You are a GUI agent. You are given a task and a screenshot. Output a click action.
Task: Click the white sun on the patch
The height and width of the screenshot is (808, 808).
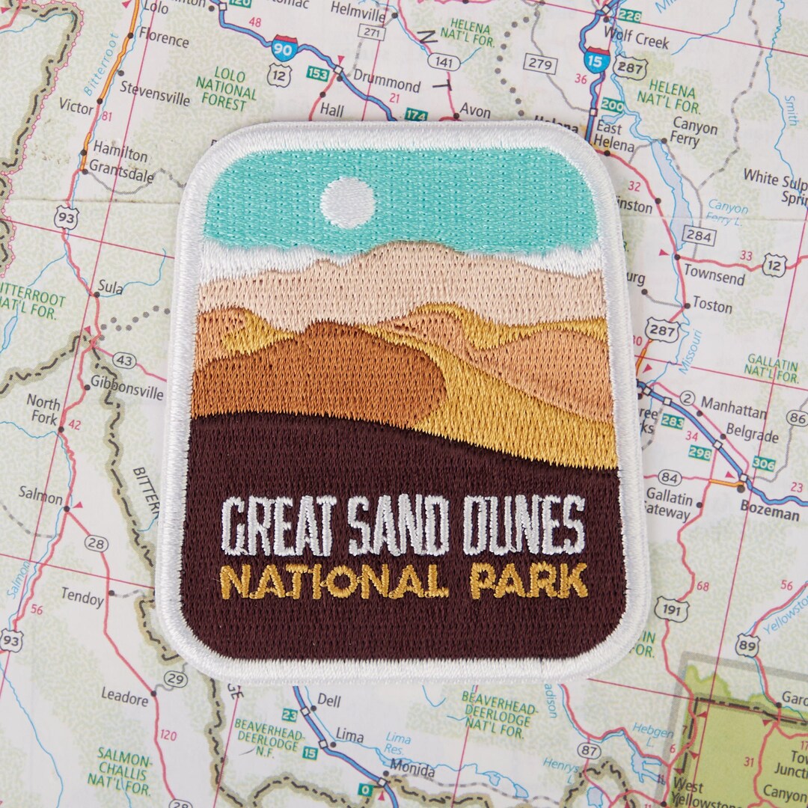click(x=347, y=203)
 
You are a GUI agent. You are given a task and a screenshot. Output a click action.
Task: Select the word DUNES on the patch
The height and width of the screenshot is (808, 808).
click(x=523, y=526)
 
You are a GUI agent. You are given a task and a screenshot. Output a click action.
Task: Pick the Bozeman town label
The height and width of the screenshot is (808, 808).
click(x=768, y=514)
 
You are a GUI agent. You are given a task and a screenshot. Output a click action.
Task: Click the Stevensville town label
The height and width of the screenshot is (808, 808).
click(x=155, y=95)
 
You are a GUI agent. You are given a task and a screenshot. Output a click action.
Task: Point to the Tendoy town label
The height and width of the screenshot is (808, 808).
click(x=82, y=599)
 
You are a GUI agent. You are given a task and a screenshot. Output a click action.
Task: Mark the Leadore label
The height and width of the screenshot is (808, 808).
click(x=124, y=698)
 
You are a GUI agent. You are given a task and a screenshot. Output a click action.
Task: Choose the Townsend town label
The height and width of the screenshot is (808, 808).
click(x=714, y=275)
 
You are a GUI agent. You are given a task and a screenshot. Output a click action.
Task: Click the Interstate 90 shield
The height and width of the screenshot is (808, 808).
click(x=284, y=48)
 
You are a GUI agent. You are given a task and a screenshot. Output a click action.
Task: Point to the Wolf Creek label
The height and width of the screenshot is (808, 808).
click(x=636, y=42)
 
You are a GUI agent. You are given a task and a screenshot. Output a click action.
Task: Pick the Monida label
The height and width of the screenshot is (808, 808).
click(x=411, y=769)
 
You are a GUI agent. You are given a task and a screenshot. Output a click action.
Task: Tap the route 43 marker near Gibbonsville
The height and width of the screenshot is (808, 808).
click(x=124, y=361)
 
